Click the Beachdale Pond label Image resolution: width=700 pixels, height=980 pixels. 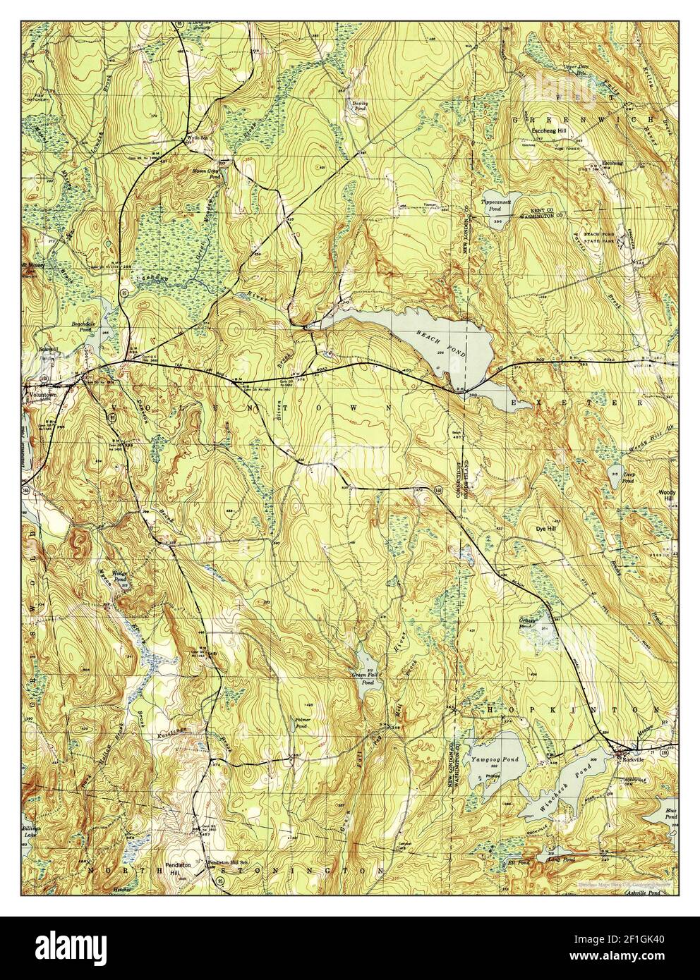[x=83, y=326]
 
